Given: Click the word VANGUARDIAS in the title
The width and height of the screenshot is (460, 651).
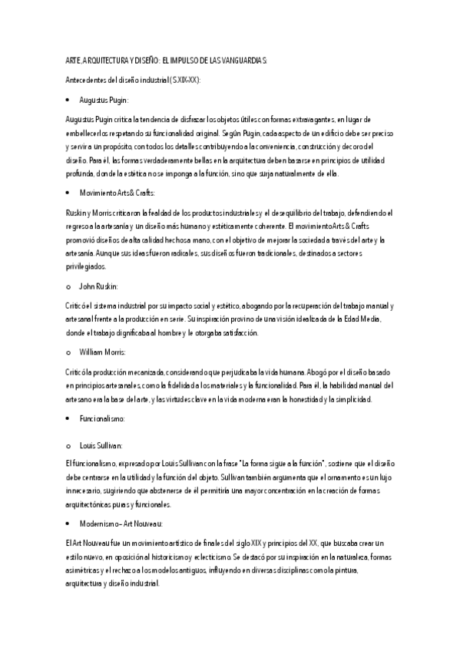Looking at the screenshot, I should (240, 61).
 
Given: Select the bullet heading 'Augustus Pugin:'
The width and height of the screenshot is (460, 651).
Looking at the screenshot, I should (104, 101).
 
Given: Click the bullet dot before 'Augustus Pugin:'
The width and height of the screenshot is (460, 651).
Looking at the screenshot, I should (68, 101).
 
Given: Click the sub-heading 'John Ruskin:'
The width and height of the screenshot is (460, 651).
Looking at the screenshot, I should (99, 286).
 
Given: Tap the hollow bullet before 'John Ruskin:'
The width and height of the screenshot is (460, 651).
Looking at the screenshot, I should (68, 286).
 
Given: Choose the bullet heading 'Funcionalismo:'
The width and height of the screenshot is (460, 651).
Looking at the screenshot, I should (103, 419).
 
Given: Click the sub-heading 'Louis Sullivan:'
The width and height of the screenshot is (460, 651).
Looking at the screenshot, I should (101, 445).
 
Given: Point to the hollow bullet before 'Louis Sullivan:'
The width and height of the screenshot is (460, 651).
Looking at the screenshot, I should (68, 445).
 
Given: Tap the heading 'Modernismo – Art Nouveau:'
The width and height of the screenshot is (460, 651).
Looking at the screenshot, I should (121, 524).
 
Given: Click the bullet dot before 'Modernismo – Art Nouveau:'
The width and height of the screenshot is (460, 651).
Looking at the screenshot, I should (68, 524).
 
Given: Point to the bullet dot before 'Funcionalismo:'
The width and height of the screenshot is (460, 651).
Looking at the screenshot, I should (68, 419).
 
